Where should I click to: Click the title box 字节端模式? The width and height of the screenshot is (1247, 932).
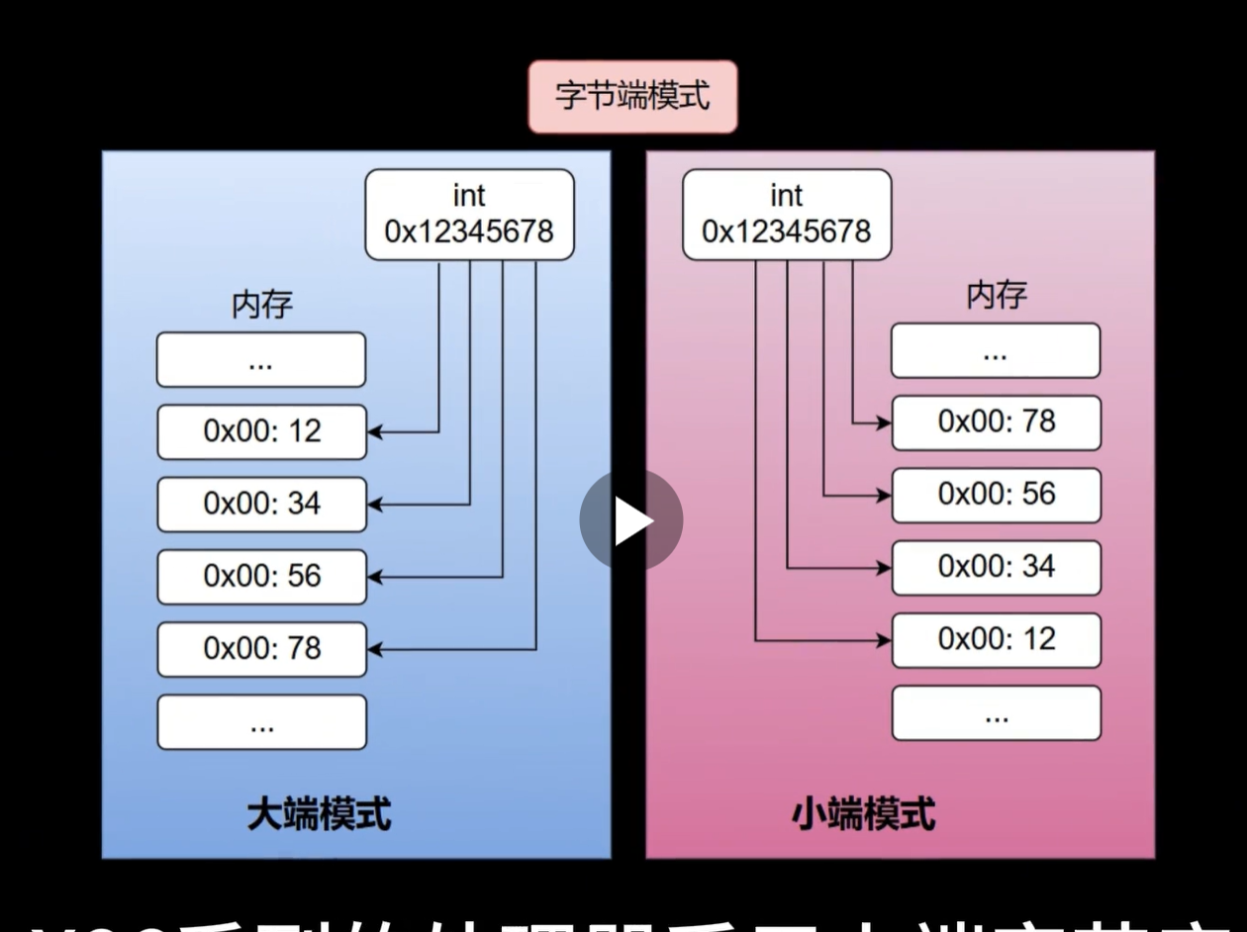click(632, 97)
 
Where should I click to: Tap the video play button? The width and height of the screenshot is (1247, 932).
click(631, 520)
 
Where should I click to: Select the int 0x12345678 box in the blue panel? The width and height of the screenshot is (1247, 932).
click(469, 215)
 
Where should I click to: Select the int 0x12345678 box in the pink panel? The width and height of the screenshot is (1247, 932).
click(787, 215)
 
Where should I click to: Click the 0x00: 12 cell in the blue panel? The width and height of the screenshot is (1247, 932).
click(261, 431)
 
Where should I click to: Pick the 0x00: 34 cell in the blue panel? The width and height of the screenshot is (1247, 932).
click(261, 504)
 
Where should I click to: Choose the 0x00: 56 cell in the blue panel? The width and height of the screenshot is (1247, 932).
click(261, 576)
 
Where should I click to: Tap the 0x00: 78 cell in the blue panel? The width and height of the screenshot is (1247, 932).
click(261, 649)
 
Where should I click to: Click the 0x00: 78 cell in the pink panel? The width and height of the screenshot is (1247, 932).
click(996, 422)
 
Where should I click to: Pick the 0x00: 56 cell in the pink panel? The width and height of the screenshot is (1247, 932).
click(996, 495)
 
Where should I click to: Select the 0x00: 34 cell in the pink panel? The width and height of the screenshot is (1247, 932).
click(996, 567)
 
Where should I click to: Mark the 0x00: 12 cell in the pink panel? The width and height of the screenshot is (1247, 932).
click(996, 640)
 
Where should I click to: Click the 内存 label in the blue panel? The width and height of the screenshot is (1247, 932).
click(261, 305)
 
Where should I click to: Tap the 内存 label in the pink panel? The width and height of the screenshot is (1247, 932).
click(997, 295)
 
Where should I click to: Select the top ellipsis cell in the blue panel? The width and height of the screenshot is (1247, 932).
click(261, 359)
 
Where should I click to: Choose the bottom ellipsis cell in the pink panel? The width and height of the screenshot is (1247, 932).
click(996, 712)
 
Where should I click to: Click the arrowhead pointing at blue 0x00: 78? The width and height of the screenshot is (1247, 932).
click(374, 649)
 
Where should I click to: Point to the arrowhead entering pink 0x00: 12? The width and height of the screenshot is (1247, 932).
click(884, 640)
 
